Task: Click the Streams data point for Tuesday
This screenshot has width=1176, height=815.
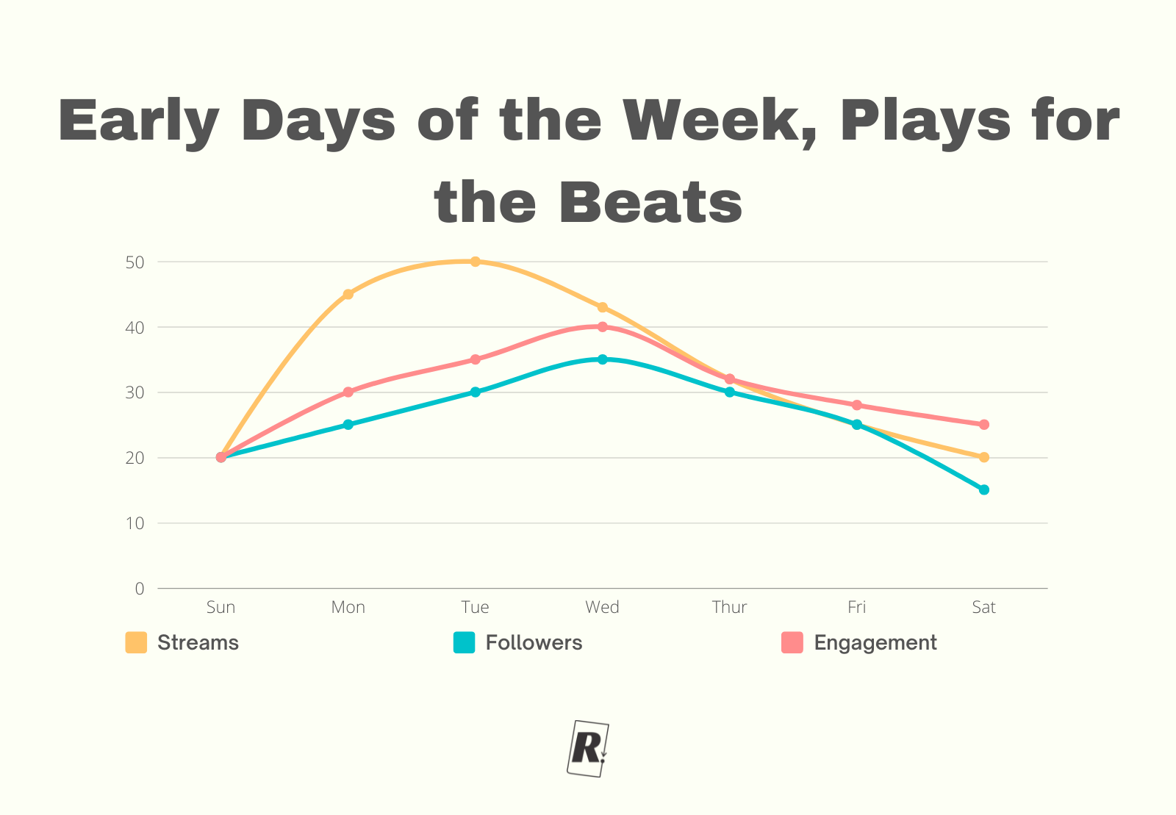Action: (475, 262)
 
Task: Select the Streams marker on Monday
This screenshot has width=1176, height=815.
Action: (348, 294)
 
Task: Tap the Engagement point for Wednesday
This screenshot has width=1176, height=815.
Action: (603, 326)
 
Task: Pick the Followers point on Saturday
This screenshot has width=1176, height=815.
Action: (984, 489)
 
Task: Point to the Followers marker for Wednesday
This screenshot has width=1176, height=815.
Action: (603, 359)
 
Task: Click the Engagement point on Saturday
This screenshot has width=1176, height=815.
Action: (984, 424)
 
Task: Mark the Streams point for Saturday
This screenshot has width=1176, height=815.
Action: (984, 457)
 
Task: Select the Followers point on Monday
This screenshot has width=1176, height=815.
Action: (348, 425)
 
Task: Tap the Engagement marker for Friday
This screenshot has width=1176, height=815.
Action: (857, 405)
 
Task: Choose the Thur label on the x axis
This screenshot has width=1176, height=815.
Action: (729, 607)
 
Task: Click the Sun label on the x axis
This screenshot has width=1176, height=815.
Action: (220, 607)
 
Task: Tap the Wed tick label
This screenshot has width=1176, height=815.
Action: (602, 607)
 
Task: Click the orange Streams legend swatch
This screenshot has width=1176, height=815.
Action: (136, 642)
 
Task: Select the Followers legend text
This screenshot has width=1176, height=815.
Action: (534, 642)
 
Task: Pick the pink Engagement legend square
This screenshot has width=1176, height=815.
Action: (792, 642)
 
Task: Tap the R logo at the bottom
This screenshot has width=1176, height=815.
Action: (588, 748)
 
